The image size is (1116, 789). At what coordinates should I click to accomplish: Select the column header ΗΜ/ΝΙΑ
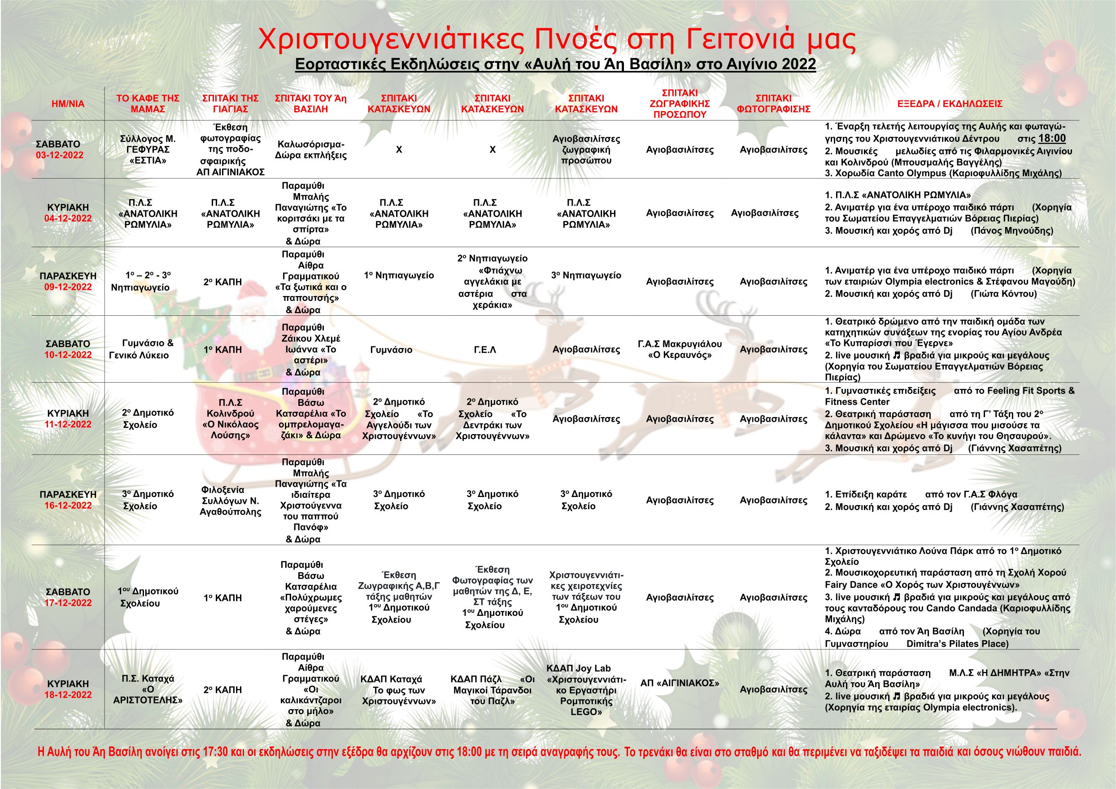coord(68,104)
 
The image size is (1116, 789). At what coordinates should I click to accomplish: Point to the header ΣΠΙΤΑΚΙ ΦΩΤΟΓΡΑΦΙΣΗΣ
coord(773,104)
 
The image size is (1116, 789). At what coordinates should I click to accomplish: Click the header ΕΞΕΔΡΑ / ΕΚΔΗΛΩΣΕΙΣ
coord(950,104)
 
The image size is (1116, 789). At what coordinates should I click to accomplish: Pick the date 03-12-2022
coord(59,156)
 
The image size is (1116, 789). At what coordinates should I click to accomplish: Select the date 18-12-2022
coord(68,695)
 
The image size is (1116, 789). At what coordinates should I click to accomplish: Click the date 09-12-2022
coord(68,287)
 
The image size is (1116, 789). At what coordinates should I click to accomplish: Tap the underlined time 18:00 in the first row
coord(1052,138)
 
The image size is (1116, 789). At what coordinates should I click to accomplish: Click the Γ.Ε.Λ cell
coord(484,349)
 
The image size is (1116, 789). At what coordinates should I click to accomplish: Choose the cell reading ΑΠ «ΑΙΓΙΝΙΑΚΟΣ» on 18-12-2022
coord(680,683)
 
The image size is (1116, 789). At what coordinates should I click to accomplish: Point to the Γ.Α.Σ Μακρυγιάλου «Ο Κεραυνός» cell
coord(680,349)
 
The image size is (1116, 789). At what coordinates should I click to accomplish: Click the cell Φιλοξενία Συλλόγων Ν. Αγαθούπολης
coord(231,501)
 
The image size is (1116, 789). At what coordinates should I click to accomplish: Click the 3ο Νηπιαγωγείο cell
coord(586,275)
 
